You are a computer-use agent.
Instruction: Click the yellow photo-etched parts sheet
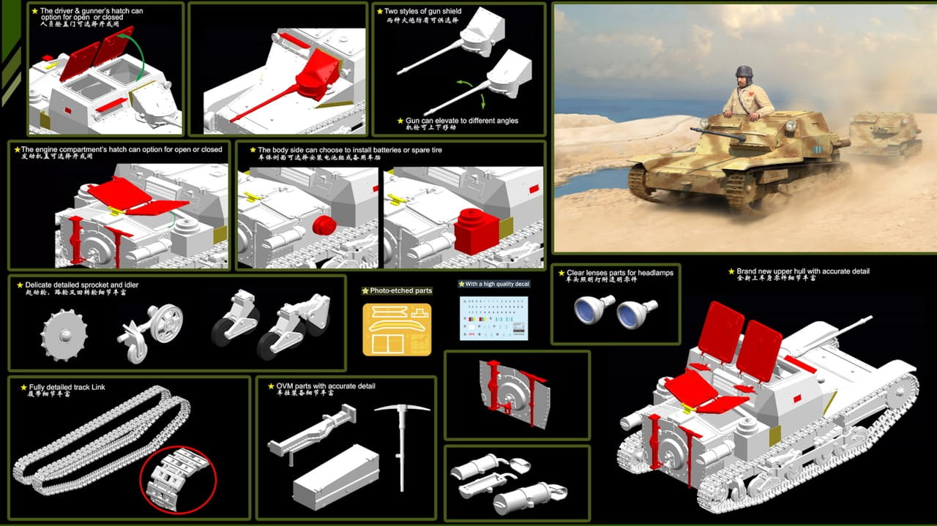pos(397,329)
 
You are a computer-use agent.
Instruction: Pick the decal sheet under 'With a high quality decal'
pos(493,318)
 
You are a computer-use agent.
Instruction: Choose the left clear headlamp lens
pos(594,309)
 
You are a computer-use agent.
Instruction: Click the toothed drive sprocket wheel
pos(64,335)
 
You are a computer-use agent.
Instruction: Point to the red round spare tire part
pos(324,225)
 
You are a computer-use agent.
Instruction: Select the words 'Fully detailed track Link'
pos(68,387)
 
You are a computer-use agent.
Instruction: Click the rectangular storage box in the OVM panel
pos(337,478)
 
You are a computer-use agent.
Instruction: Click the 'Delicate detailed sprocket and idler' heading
pos(81,285)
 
